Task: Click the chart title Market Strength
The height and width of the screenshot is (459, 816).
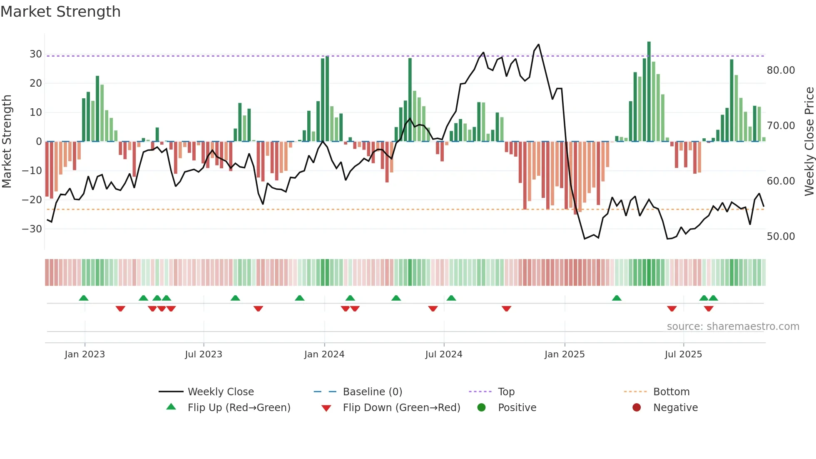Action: pos(60,12)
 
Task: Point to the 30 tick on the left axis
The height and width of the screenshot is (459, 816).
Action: pos(35,54)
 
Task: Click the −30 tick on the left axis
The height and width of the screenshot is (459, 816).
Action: pos(32,229)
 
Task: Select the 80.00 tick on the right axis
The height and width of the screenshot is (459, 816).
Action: pos(781,70)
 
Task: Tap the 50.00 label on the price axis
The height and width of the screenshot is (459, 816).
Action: pos(781,237)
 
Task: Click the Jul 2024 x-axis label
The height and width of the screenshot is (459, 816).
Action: pos(443,354)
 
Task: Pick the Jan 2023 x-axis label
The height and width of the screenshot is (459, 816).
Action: pos(85,354)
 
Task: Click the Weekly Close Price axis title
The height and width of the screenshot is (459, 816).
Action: pos(809,142)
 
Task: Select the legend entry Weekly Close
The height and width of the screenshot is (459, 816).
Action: pos(220,392)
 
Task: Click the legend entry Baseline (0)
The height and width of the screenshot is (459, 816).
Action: pos(372,392)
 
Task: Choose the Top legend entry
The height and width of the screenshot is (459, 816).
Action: pos(506,392)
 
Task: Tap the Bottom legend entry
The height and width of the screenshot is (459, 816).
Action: pos(671,392)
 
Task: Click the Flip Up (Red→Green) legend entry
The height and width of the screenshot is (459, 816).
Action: pos(239,408)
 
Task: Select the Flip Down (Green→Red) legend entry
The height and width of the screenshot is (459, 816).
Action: pos(401,408)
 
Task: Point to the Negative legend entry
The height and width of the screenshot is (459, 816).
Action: pos(675,408)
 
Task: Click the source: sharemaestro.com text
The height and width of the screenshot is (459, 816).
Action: pos(733,327)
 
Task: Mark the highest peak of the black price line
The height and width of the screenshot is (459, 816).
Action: pos(539,45)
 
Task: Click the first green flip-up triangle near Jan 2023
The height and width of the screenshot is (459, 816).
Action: pos(84,298)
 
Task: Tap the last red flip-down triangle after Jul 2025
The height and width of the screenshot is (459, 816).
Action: pos(709,309)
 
